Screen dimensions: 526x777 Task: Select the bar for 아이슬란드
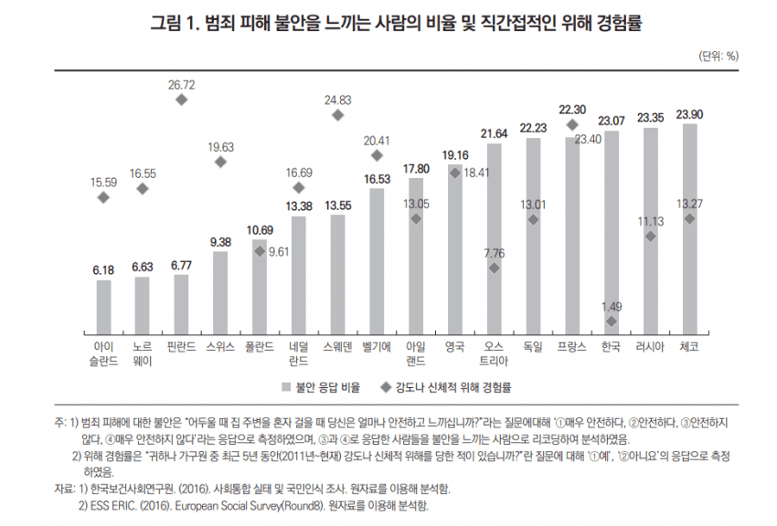(103, 307)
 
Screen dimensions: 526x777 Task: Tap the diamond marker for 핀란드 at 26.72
(181, 99)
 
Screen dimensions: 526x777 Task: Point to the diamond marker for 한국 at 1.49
(612, 322)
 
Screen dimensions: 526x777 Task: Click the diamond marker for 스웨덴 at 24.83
(338, 115)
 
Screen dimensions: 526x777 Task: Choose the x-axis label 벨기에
(377, 347)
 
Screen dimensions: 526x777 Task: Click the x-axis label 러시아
(651, 347)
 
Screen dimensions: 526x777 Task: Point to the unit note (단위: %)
(719, 56)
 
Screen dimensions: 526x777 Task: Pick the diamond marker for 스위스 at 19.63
(220, 162)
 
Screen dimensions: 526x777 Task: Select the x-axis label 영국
(454, 347)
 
